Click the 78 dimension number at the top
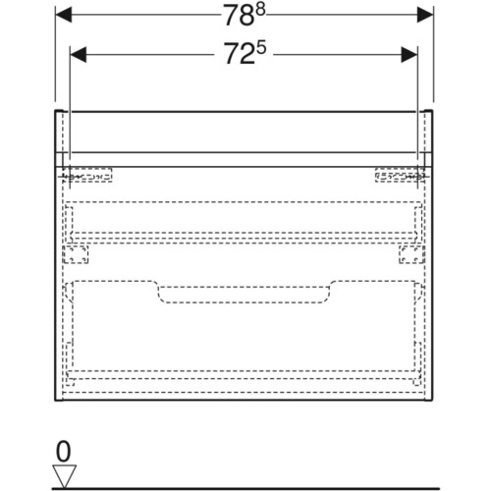[239, 17]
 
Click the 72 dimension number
[239, 54]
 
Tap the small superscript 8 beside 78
[260, 11]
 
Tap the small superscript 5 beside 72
[261, 48]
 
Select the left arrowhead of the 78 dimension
[64, 15]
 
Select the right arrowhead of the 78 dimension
[425, 15]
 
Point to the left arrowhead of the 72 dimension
[79, 54]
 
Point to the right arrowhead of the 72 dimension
[409, 54]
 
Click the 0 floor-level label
[63, 452]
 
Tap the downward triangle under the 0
[65, 475]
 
